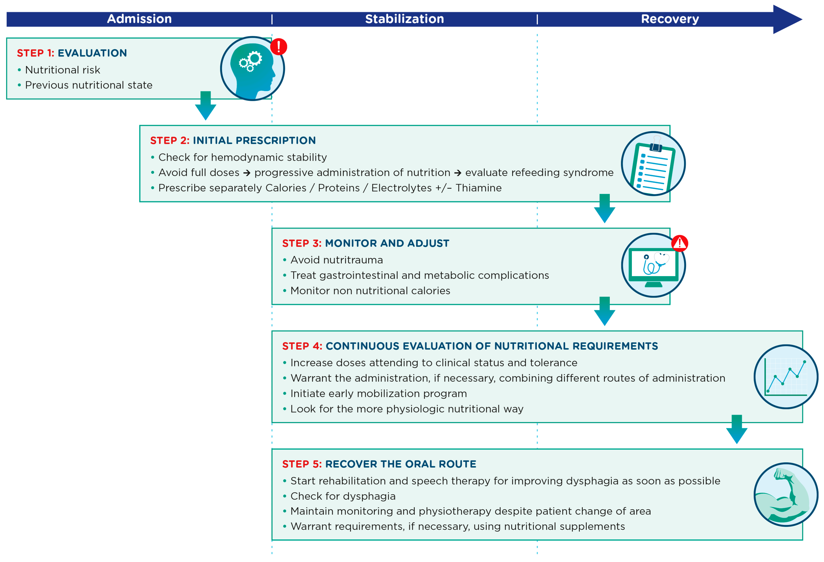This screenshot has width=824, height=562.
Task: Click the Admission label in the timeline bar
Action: [x=139, y=19]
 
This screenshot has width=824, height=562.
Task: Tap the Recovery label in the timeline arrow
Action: [x=669, y=19]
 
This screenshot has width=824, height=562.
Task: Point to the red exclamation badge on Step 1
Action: [x=279, y=47]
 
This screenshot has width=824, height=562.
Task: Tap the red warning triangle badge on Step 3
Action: [x=680, y=243]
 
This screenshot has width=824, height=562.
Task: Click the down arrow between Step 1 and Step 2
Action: [x=206, y=106]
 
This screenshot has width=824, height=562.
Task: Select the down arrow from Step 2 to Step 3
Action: [x=605, y=209]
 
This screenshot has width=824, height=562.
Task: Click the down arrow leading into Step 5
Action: [x=737, y=429]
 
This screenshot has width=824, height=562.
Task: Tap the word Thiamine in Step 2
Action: [x=479, y=188]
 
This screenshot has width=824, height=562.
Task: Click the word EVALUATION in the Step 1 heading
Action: [x=92, y=53]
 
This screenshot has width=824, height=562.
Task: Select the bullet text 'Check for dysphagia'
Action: [x=343, y=496]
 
